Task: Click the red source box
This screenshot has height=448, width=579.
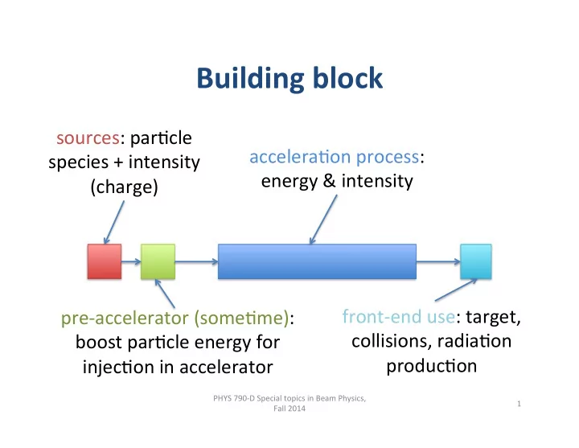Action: coord(105,261)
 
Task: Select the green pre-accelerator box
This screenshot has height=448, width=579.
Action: coord(158,261)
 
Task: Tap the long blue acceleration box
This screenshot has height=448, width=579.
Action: coord(317,261)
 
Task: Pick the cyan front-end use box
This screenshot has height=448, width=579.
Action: coord(476,261)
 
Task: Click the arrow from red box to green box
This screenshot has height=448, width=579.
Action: coord(131,262)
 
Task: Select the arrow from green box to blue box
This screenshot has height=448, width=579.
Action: coord(196,262)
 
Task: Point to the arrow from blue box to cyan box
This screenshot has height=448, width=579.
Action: coord(438,262)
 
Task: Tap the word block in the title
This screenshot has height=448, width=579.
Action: coord(348,77)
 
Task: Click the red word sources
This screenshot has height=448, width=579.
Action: coord(88,138)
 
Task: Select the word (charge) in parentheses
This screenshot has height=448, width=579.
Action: coord(125,187)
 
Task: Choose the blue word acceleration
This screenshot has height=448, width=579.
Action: coord(300,157)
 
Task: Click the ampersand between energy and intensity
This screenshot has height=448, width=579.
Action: coord(329,181)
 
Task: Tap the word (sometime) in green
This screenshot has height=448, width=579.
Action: coord(241,318)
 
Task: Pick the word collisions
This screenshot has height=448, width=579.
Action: coord(391,341)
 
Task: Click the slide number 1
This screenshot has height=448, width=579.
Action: coord(519,404)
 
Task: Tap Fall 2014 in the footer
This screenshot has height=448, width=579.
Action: coord(289,409)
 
